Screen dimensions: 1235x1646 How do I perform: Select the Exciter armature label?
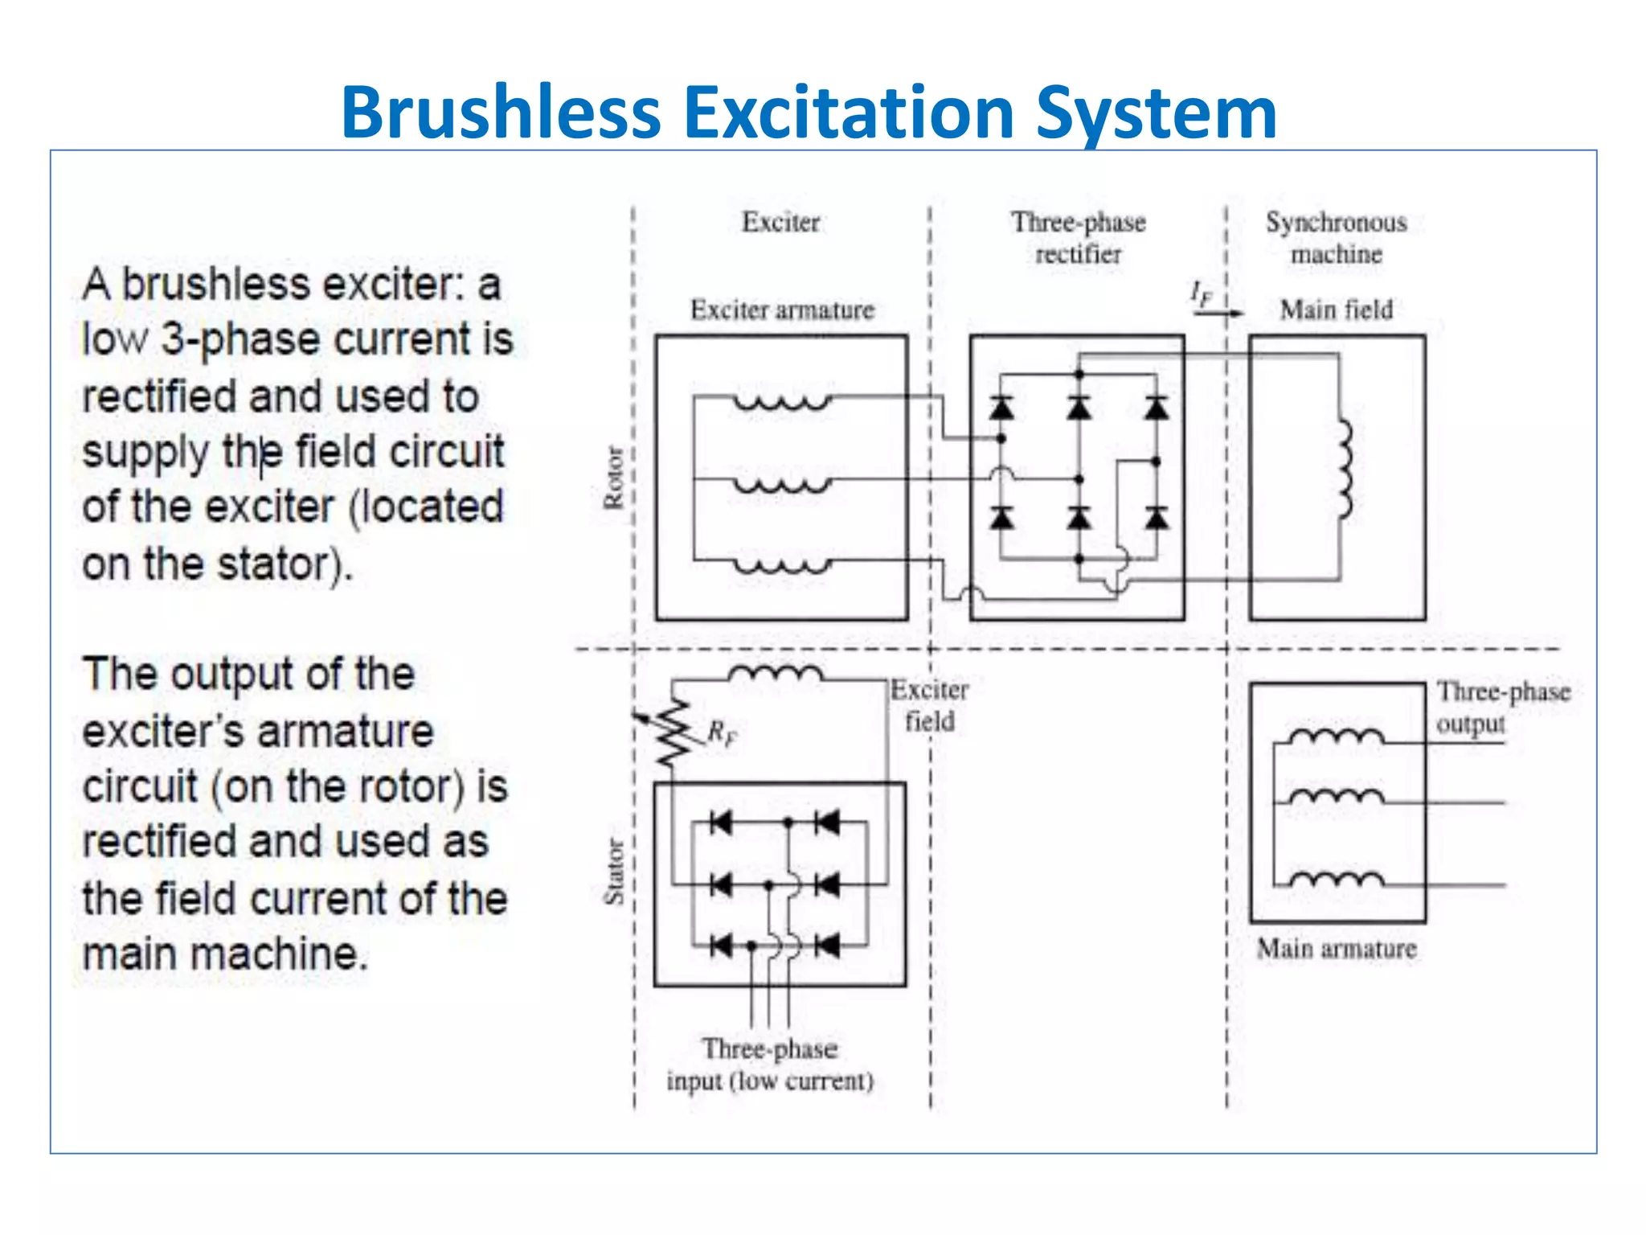tap(782, 310)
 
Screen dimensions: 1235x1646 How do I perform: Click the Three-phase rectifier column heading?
tap(1078, 238)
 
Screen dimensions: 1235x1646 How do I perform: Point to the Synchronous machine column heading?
tap(1336, 238)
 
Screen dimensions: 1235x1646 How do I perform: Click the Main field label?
tap(1336, 310)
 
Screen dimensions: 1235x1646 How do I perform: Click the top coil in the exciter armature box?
tap(781, 402)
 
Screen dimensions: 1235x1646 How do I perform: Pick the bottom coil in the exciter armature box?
tap(781, 565)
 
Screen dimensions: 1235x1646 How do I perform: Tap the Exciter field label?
tap(930, 706)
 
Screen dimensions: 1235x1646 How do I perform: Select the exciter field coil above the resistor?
tap(775, 674)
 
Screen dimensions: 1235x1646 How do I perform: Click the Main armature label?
tap(1336, 950)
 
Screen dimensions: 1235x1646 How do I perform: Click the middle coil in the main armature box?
tap(1336, 796)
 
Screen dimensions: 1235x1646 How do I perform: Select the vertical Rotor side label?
tap(613, 478)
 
